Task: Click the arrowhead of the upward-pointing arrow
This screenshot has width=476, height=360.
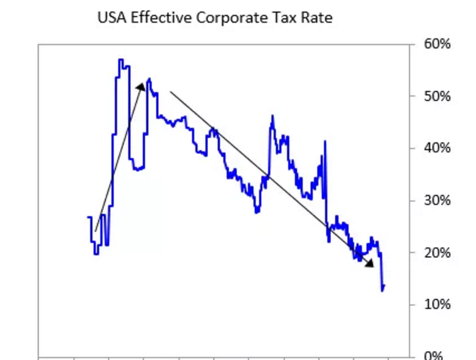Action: [142, 86]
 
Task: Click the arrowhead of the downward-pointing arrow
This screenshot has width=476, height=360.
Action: [370, 264]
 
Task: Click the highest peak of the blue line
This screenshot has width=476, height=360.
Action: [120, 60]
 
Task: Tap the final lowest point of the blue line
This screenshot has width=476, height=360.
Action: [382, 290]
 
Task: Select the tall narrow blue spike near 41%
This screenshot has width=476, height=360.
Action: [325, 141]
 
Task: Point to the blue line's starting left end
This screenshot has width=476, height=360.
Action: [88, 218]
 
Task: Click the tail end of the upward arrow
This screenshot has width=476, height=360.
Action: [95, 231]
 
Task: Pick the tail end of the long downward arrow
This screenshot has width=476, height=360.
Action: [170, 93]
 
